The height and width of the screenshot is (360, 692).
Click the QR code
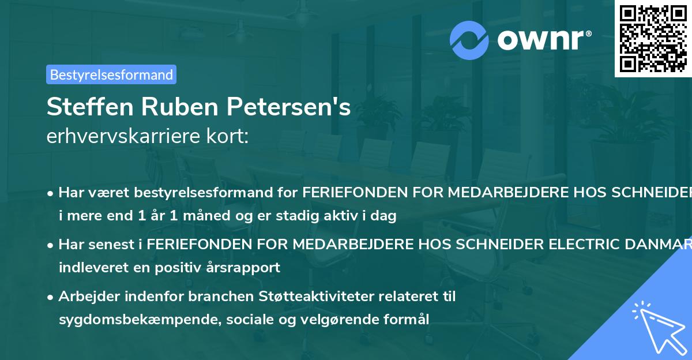click(653, 38)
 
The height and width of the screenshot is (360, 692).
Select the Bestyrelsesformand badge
click(111, 74)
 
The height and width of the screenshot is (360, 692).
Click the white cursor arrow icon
click(657, 328)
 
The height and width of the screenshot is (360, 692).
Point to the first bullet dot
click(51, 193)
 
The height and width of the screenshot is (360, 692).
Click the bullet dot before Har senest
click(51, 245)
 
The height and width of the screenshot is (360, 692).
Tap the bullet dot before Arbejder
click(51, 297)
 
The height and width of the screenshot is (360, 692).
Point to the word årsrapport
click(249, 268)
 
